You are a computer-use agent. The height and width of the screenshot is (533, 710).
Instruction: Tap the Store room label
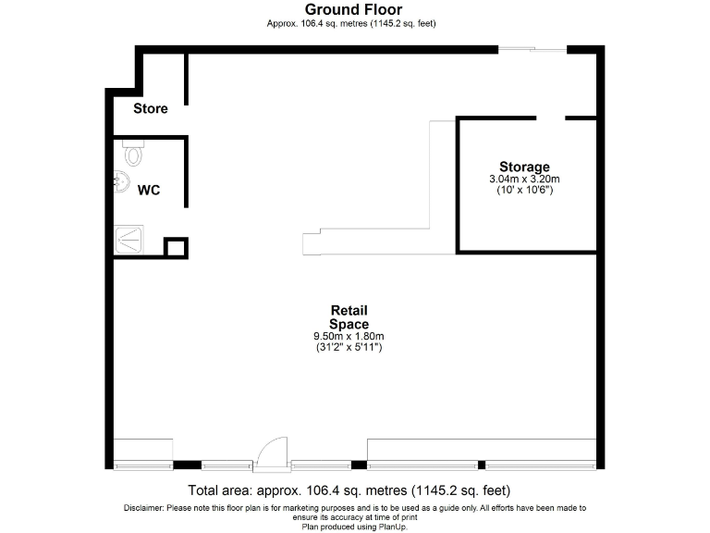tap(151, 108)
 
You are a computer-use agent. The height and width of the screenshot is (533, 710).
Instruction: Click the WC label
tap(149, 190)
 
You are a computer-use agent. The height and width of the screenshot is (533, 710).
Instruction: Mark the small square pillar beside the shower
tap(175, 248)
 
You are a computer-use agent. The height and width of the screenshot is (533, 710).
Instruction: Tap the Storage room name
tap(524, 167)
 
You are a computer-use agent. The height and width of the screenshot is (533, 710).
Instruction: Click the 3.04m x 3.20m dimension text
tap(524, 179)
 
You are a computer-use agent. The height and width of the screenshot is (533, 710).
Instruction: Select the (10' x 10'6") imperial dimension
tap(524, 190)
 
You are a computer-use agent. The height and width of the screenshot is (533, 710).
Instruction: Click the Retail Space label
tap(349, 317)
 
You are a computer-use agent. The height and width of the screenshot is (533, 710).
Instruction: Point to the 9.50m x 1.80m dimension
tap(349, 336)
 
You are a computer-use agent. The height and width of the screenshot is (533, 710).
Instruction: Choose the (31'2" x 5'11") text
tap(349, 347)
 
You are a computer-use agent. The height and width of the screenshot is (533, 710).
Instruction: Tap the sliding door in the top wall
tap(532, 49)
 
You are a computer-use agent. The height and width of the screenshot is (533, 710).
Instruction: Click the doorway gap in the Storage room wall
tap(551, 118)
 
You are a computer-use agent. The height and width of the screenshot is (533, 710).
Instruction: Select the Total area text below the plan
tap(349, 490)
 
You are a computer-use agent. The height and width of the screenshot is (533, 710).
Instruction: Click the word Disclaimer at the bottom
tap(144, 508)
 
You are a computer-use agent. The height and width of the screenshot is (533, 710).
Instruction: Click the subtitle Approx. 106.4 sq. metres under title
tap(352, 23)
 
